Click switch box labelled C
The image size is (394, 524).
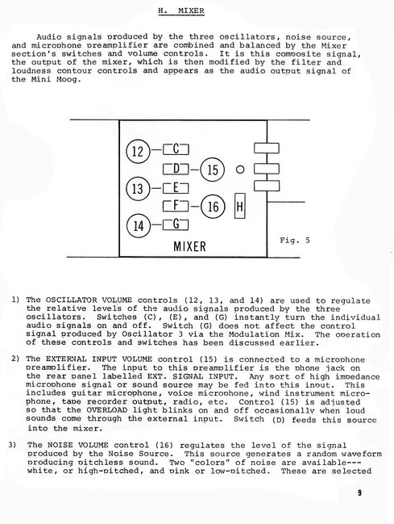coord(176,149)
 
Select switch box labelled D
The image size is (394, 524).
coord(176,169)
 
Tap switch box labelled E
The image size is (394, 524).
coord(176,188)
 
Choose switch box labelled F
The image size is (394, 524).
coord(176,206)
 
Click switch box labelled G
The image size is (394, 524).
coord(176,224)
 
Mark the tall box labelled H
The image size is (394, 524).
coord(240,206)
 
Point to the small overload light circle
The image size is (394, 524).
coord(240,170)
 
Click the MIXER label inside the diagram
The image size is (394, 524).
coord(189,246)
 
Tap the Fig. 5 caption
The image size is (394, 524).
coord(295,240)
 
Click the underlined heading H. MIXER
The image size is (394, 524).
coord(181,10)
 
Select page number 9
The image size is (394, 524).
coord(359,493)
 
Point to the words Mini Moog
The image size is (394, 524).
coord(56,79)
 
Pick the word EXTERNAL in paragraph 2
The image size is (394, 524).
coord(65,359)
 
